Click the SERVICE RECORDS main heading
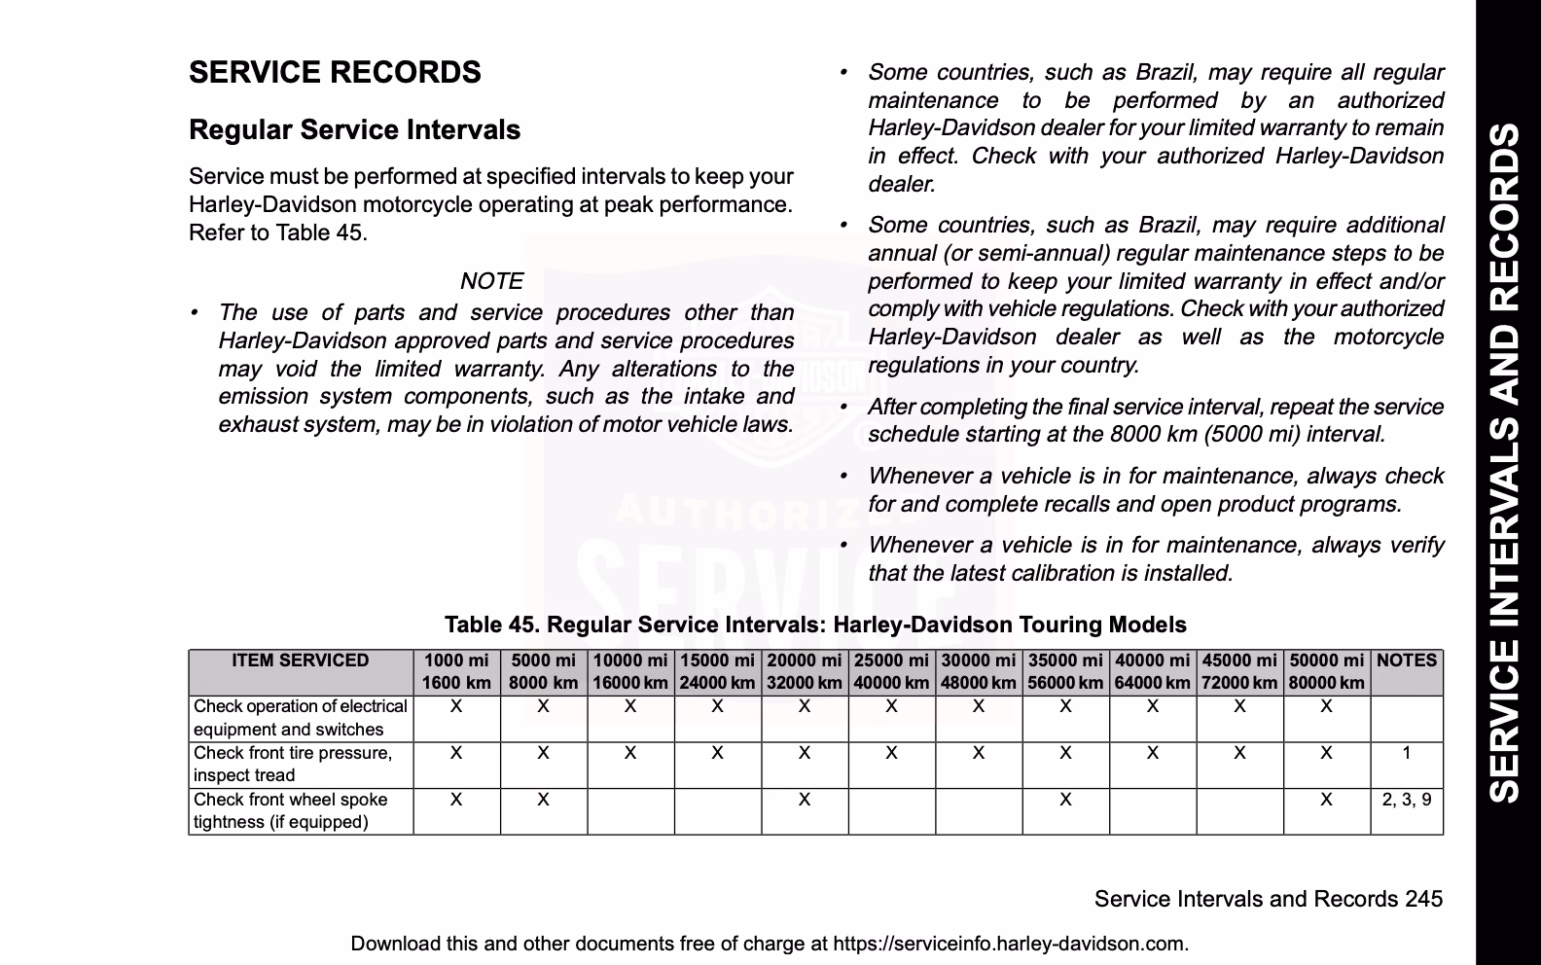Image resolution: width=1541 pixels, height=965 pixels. [x=335, y=73]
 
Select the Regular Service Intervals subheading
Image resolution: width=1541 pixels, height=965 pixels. [x=354, y=130]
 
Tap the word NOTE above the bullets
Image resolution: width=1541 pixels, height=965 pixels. [x=491, y=281]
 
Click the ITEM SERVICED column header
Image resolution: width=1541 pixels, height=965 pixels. [x=301, y=661]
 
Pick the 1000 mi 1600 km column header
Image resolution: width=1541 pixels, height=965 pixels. [x=456, y=671]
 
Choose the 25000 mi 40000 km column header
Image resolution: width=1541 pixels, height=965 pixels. [x=891, y=671]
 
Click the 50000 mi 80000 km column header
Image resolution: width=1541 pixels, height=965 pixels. [x=1326, y=671]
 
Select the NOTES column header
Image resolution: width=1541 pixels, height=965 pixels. [x=1407, y=661]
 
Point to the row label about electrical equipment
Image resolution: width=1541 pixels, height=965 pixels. [x=300, y=718]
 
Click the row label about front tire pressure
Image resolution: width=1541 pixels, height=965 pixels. [x=292, y=764]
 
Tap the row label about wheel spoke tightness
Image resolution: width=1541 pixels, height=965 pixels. [x=290, y=810]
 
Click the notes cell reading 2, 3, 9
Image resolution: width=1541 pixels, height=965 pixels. [x=1407, y=800]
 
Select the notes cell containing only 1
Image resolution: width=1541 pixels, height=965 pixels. [x=1407, y=753]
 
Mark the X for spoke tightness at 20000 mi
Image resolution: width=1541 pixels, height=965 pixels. [x=805, y=800]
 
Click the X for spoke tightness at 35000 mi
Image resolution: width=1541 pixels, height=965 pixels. [x=1065, y=800]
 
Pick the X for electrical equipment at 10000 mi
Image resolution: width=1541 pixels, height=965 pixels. [x=630, y=706]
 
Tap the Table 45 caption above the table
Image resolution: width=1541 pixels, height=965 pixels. [x=815, y=625]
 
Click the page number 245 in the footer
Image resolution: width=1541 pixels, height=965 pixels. [x=1423, y=899]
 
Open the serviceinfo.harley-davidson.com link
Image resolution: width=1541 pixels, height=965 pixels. [x=1011, y=944]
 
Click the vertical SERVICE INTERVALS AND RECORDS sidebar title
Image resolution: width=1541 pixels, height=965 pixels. [x=1507, y=462]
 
